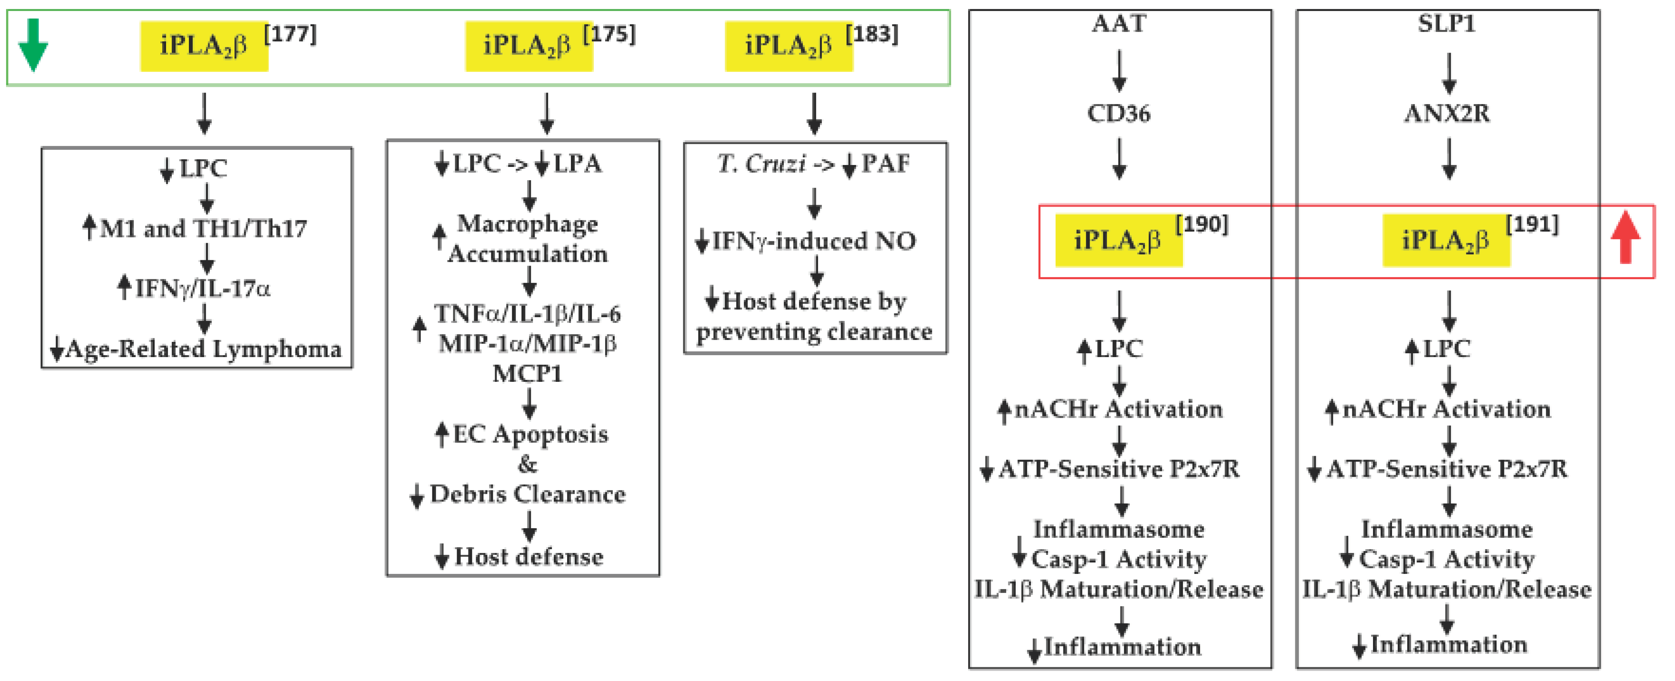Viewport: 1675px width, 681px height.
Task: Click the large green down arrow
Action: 32,45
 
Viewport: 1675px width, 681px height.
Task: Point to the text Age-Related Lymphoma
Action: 203,349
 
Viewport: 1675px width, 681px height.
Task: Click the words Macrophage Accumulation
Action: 527,239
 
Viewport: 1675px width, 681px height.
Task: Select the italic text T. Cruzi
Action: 761,164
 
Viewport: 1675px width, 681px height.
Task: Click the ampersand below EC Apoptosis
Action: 527,465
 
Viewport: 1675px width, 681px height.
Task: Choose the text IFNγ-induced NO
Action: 814,241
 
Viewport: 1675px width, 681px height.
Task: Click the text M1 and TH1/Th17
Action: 203,229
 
